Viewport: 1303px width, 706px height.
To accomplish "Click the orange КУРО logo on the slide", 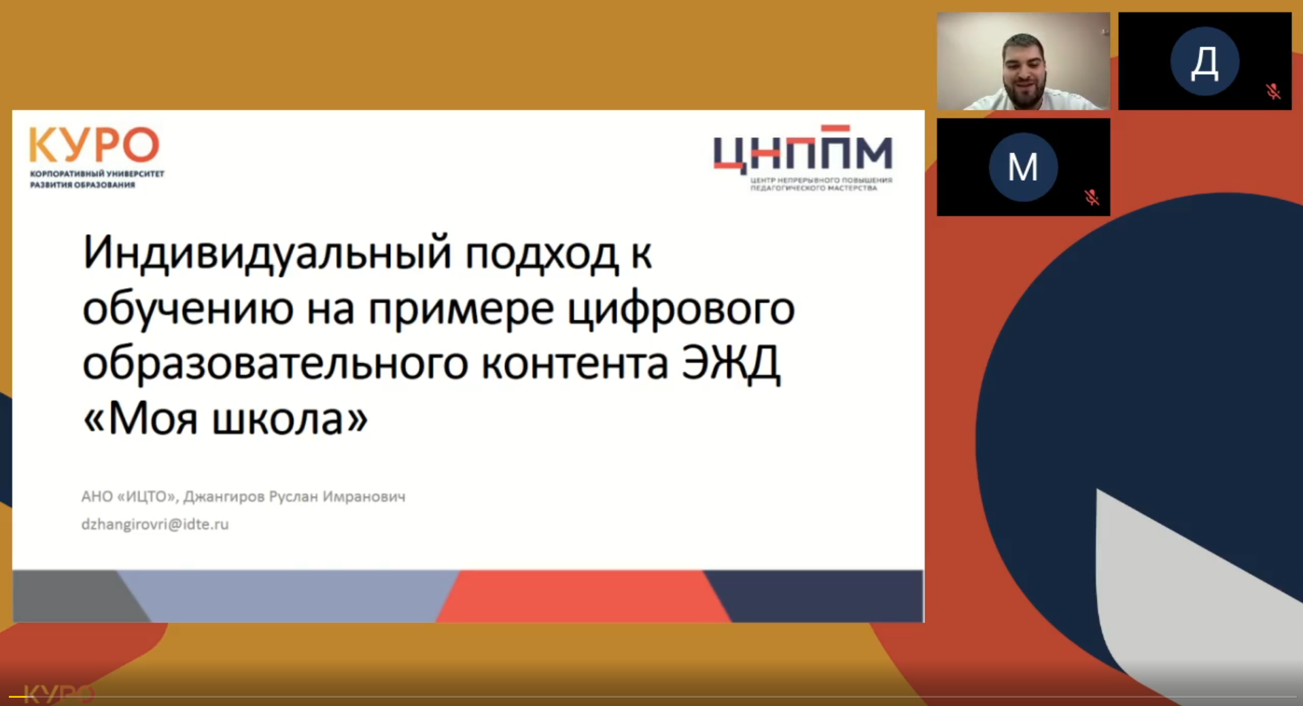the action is pos(94,144).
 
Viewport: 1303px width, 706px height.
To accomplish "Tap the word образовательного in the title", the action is pos(275,364).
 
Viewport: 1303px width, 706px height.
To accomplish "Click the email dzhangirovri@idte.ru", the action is pos(155,525).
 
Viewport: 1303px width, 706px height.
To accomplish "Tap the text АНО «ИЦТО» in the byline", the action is pos(129,497).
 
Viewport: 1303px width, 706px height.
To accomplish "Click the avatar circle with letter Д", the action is pos(1204,61).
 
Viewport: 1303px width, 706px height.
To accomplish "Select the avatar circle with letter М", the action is pos(1023,167).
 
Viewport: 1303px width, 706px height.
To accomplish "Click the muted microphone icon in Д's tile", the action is pos(1273,91).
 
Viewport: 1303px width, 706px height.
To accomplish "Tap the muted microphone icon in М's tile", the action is pos(1092,197).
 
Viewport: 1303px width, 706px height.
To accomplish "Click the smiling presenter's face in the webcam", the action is pos(1024,70).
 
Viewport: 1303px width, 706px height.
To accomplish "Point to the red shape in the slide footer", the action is pos(583,596).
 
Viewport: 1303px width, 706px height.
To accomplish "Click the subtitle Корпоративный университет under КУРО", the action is pos(97,174).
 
